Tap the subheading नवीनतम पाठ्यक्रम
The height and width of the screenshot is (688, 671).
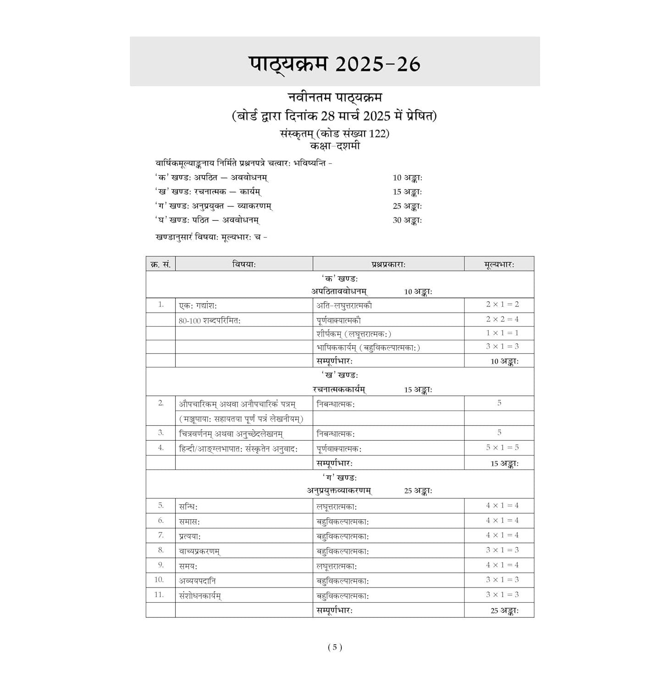[x=335, y=98]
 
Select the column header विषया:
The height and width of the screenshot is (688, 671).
[x=244, y=264]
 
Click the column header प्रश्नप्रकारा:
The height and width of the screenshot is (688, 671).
[x=388, y=264]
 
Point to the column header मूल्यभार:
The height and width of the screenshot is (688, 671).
[x=499, y=264]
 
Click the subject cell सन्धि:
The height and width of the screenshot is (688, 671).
[x=189, y=506]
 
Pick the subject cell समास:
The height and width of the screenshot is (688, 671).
[x=189, y=521]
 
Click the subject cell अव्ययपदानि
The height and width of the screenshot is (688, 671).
[x=197, y=581]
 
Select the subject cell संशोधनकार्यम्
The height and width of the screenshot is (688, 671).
[x=200, y=596]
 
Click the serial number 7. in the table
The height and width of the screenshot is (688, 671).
[x=161, y=535]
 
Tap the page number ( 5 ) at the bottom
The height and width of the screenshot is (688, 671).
[x=335, y=647]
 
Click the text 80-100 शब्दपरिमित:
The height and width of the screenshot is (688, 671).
[x=210, y=321]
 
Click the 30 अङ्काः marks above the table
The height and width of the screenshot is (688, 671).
[x=407, y=220]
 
